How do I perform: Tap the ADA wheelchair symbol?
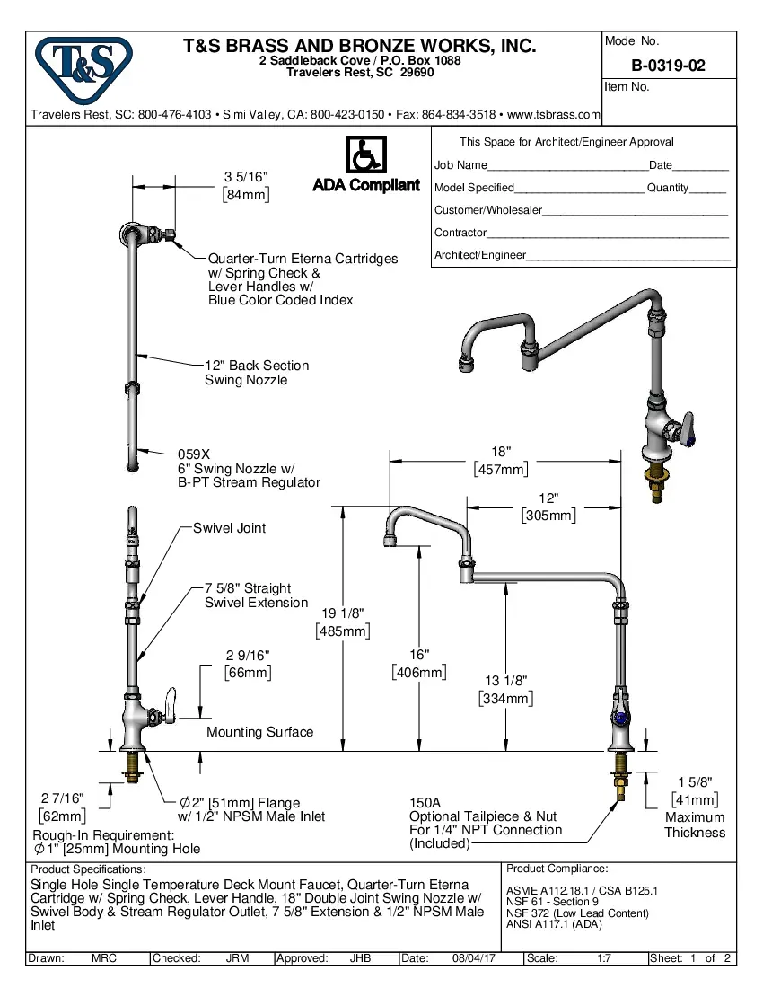click(x=365, y=155)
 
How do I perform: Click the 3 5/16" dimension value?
click(x=246, y=177)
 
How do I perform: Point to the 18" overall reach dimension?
click(x=501, y=452)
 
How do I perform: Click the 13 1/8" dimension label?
click(x=505, y=681)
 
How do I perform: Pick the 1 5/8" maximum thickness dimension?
click(x=694, y=782)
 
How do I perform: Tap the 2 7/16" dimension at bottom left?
click(x=62, y=798)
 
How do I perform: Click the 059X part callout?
click(x=193, y=454)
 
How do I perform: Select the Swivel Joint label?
click(x=229, y=528)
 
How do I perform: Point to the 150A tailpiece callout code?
click(x=425, y=802)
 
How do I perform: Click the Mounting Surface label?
click(x=259, y=732)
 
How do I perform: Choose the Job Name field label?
click(x=460, y=165)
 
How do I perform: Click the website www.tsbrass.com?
click(x=553, y=115)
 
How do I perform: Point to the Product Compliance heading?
click(x=557, y=869)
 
